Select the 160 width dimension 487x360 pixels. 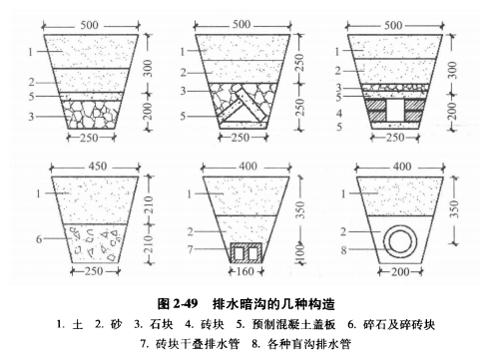point(245,270)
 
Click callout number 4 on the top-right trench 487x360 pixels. point(341,113)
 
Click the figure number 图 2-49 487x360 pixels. point(180,302)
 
